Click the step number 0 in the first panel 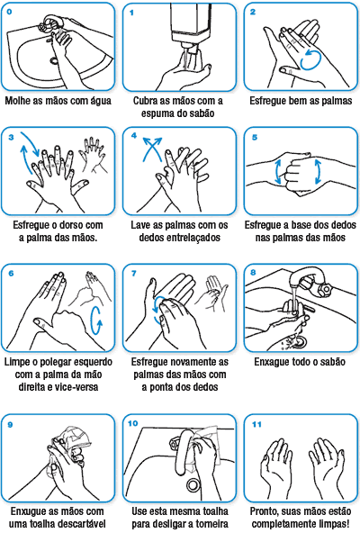click(10, 11)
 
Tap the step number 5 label click(254, 137)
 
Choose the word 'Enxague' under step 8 click(269, 363)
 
